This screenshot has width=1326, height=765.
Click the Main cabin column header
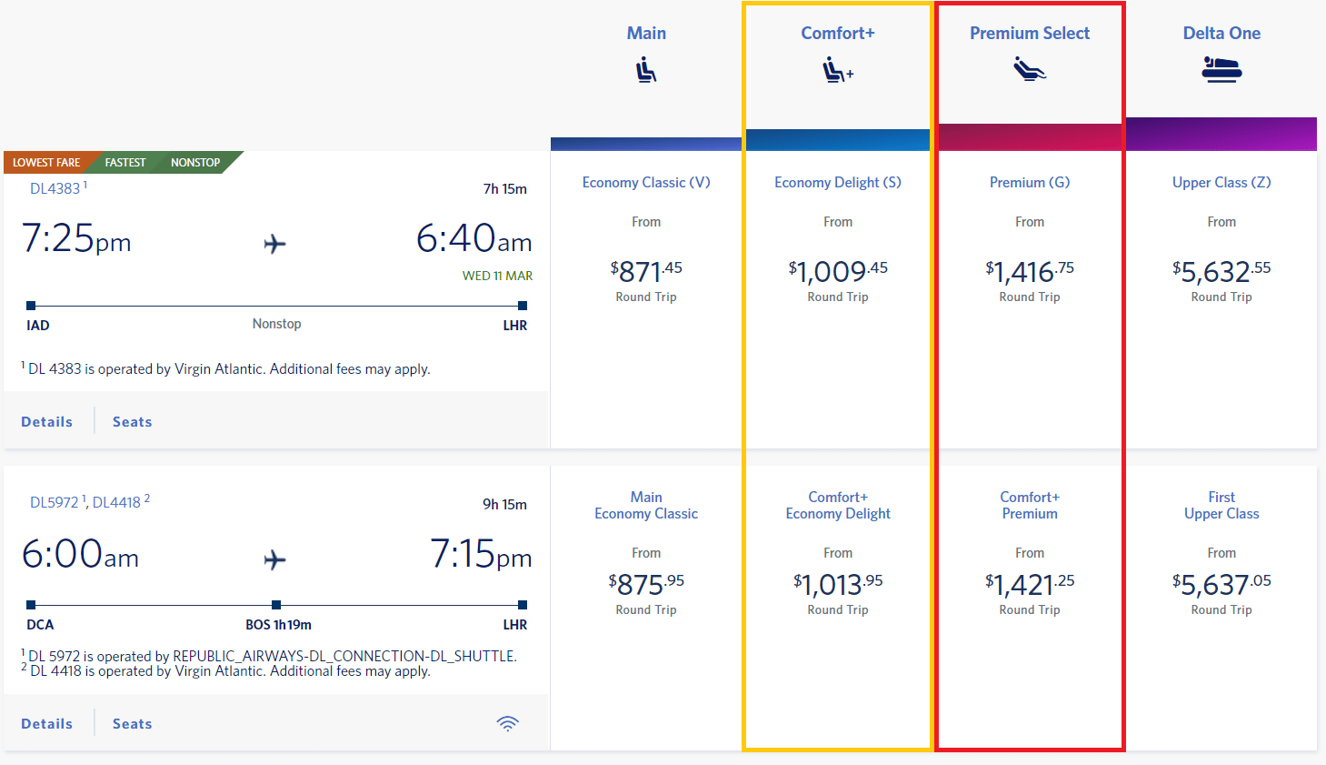pos(646,34)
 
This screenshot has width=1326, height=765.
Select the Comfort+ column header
pos(837,34)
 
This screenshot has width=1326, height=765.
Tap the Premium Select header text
pos(1029,34)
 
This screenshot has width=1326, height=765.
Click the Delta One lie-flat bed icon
pos(1221,69)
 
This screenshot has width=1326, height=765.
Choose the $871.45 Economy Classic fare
pos(646,271)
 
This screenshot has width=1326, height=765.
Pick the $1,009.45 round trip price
pos(837,271)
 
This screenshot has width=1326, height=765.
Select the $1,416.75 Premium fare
pos(1029,271)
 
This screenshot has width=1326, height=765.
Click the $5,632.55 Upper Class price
pos(1221,271)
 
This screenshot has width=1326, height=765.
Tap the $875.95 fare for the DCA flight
pos(646,584)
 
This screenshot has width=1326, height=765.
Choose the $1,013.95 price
pos(837,584)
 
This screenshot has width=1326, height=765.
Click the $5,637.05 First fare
pos(1221,584)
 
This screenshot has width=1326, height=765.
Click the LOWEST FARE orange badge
pos(46,163)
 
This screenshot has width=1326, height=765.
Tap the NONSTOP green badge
pos(195,163)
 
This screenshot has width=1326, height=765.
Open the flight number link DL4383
pos(55,188)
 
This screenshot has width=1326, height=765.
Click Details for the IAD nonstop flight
pos(47,422)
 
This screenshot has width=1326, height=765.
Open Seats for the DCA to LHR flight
pos(133,724)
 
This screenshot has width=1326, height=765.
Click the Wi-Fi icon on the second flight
pos(507,723)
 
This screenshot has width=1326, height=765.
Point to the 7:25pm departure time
pos(76,239)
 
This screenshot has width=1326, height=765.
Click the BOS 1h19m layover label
pos(278,625)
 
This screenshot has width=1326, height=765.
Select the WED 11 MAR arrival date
pos(497,276)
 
